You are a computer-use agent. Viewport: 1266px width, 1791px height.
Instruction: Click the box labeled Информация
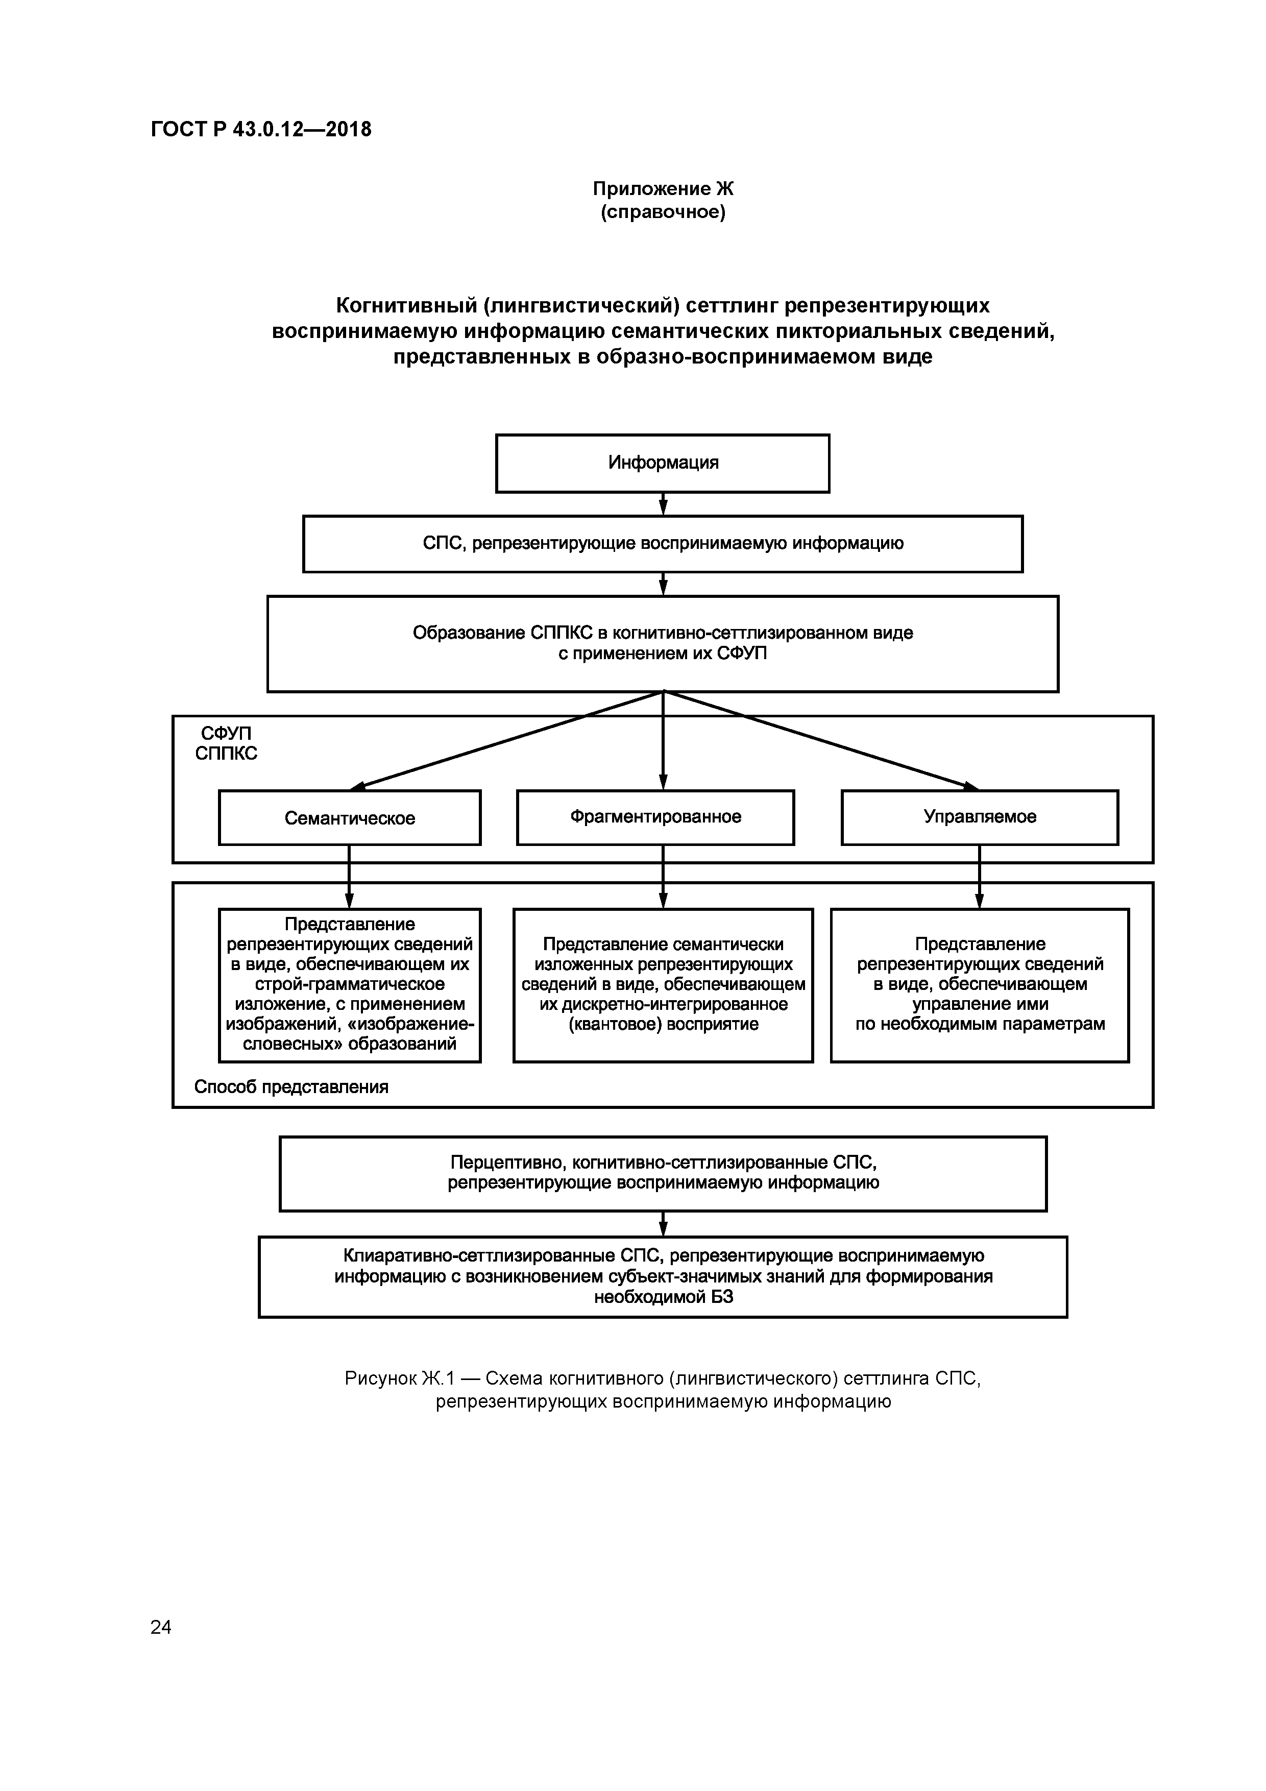click(x=662, y=464)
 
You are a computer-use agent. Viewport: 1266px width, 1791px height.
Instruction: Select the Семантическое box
click(x=350, y=817)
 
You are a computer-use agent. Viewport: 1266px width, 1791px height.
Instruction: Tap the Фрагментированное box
click(x=655, y=817)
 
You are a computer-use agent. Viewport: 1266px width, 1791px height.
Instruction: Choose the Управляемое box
click(x=979, y=817)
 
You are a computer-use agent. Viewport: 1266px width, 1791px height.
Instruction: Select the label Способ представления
click(x=291, y=1086)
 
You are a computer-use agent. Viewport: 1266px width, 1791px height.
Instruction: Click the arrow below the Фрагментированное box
click(x=663, y=877)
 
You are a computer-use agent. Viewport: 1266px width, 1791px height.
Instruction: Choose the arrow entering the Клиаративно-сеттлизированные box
click(x=663, y=1223)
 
